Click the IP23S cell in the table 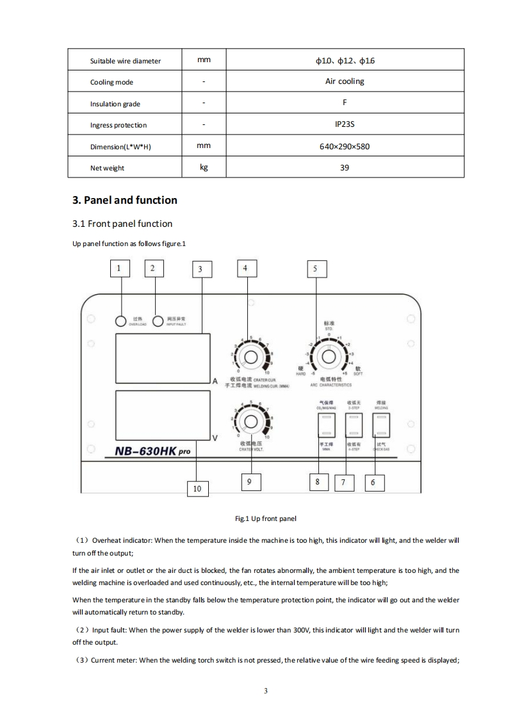[344, 124]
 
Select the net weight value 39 [344, 168]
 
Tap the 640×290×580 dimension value [344, 146]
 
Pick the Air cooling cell [344, 81]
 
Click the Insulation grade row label [115, 104]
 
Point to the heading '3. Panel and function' [125, 200]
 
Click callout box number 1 [119, 268]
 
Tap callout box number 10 [197, 488]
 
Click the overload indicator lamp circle [120, 320]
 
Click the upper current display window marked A [163, 356]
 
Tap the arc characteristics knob [327, 356]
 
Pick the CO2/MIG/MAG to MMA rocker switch [325, 425]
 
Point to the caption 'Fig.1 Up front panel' [266, 518]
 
